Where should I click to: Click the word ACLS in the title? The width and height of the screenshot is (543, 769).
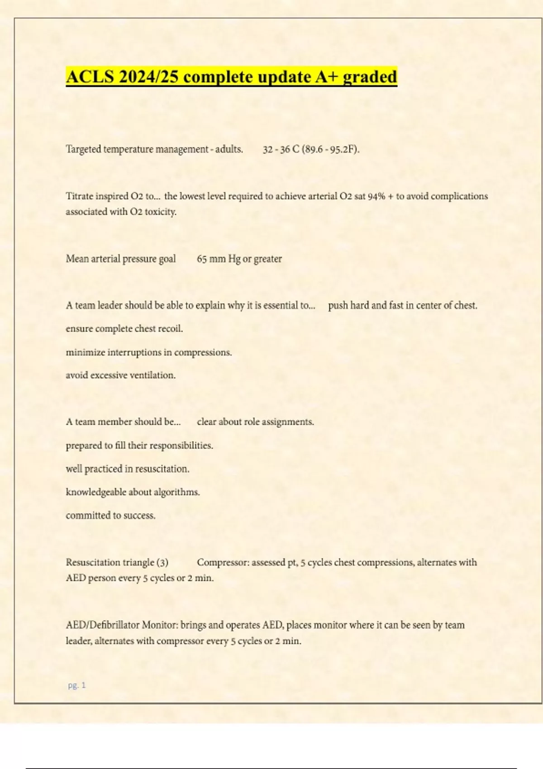pyautogui.click(x=90, y=77)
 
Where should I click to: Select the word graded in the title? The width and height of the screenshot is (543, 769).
pyautogui.click(x=370, y=77)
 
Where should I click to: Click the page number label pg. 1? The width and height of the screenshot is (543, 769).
pyautogui.click(x=76, y=685)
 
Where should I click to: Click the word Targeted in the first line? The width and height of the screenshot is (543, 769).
pyautogui.click(x=83, y=149)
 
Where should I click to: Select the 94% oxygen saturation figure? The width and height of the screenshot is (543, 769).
pyautogui.click(x=376, y=196)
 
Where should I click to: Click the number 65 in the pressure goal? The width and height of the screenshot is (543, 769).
pyautogui.click(x=202, y=259)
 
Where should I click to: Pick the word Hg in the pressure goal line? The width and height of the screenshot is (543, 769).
pyautogui.click(x=234, y=259)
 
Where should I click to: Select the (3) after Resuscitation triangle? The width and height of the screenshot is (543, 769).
pyautogui.click(x=162, y=563)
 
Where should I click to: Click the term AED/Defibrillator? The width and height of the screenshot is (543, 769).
pyautogui.click(x=103, y=625)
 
